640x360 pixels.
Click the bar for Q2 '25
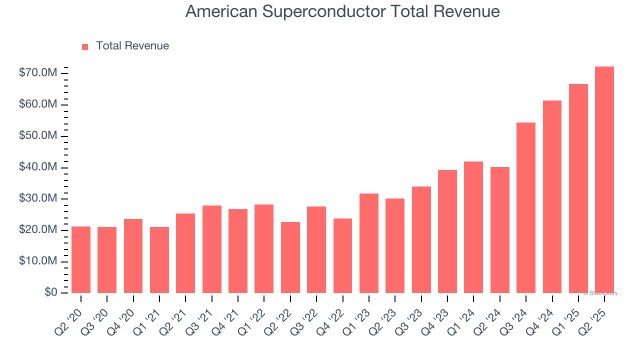[x=604, y=179]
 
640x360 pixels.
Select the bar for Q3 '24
[x=525, y=207]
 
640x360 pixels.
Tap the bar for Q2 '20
[x=81, y=259]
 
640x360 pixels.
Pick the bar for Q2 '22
[x=290, y=257]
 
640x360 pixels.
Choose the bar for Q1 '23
[x=368, y=243]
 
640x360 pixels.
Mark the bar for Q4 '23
[x=447, y=231]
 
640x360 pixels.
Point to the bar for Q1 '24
[x=473, y=227]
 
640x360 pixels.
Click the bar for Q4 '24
[x=551, y=196]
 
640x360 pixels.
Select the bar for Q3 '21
[x=211, y=249]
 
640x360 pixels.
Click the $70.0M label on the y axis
[x=37, y=73]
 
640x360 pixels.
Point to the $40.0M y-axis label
[x=37, y=167]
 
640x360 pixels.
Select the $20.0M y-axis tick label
[x=37, y=230]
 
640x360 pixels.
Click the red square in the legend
[x=85, y=46]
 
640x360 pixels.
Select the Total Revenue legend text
[x=132, y=46]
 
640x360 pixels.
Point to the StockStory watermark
[x=600, y=293]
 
